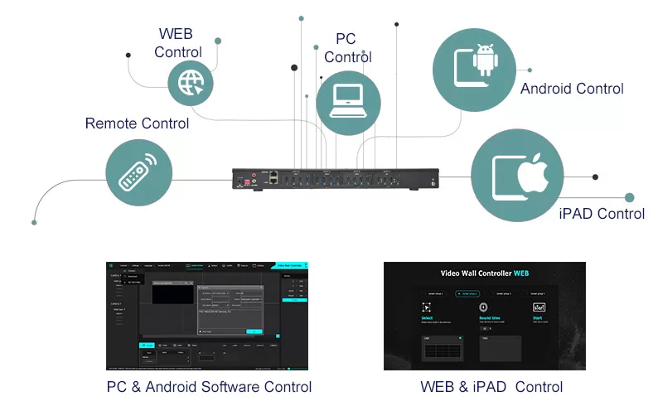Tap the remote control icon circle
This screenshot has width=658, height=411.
[x=138, y=172]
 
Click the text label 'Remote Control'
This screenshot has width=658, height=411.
[x=137, y=123]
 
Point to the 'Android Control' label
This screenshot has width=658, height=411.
[x=572, y=88]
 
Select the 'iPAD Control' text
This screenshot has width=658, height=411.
[x=602, y=214]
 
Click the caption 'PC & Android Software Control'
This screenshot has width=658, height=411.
[x=209, y=387]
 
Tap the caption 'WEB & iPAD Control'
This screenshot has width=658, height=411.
[x=491, y=387]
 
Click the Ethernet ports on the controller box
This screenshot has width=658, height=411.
[x=274, y=176]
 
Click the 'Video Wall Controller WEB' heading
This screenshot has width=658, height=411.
[x=484, y=273]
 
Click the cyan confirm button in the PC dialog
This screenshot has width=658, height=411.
[x=254, y=331]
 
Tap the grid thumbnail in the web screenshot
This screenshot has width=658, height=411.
[x=442, y=351]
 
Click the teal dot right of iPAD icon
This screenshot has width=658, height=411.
[x=630, y=197]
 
